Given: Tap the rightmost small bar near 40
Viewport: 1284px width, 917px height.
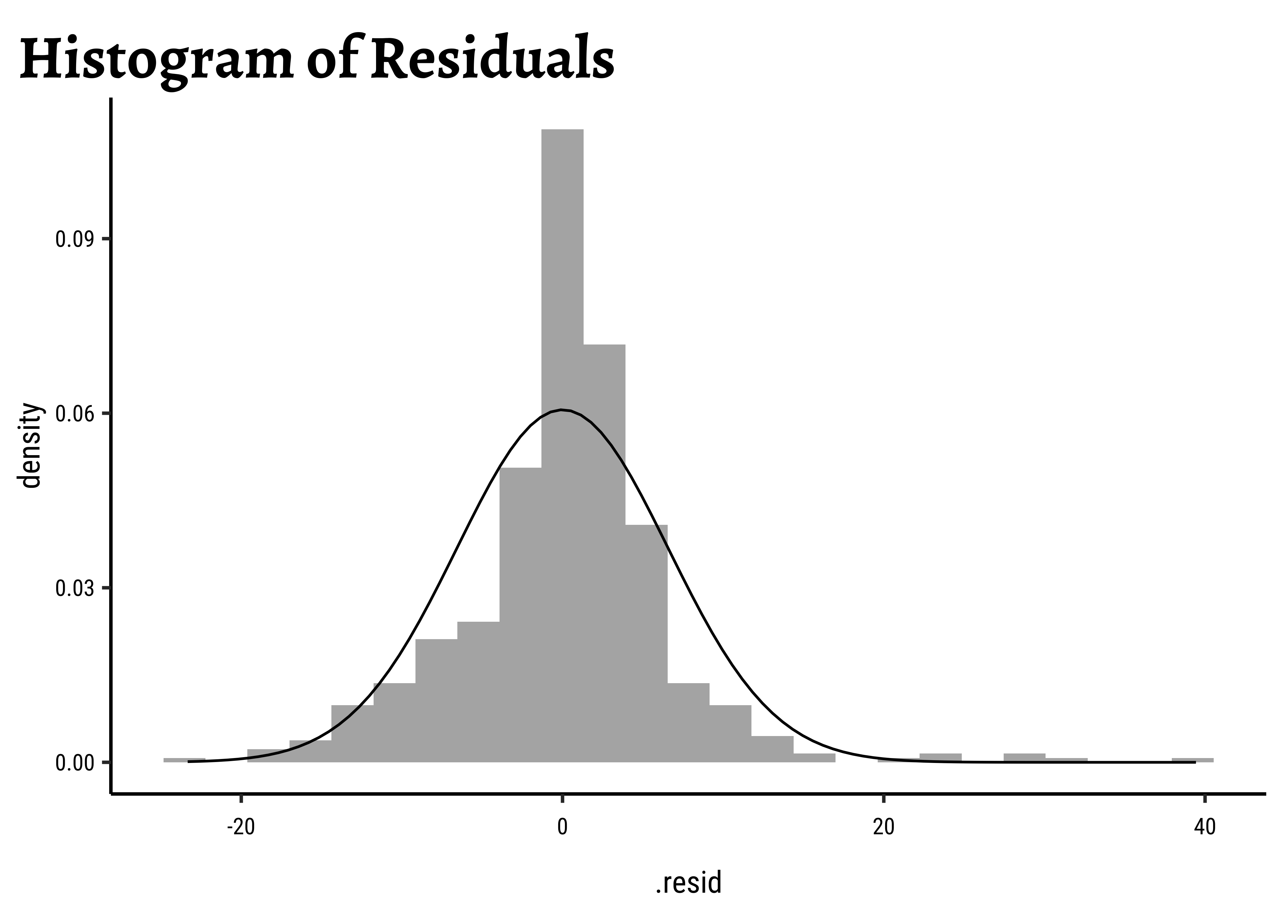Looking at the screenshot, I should [x=1193, y=760].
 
